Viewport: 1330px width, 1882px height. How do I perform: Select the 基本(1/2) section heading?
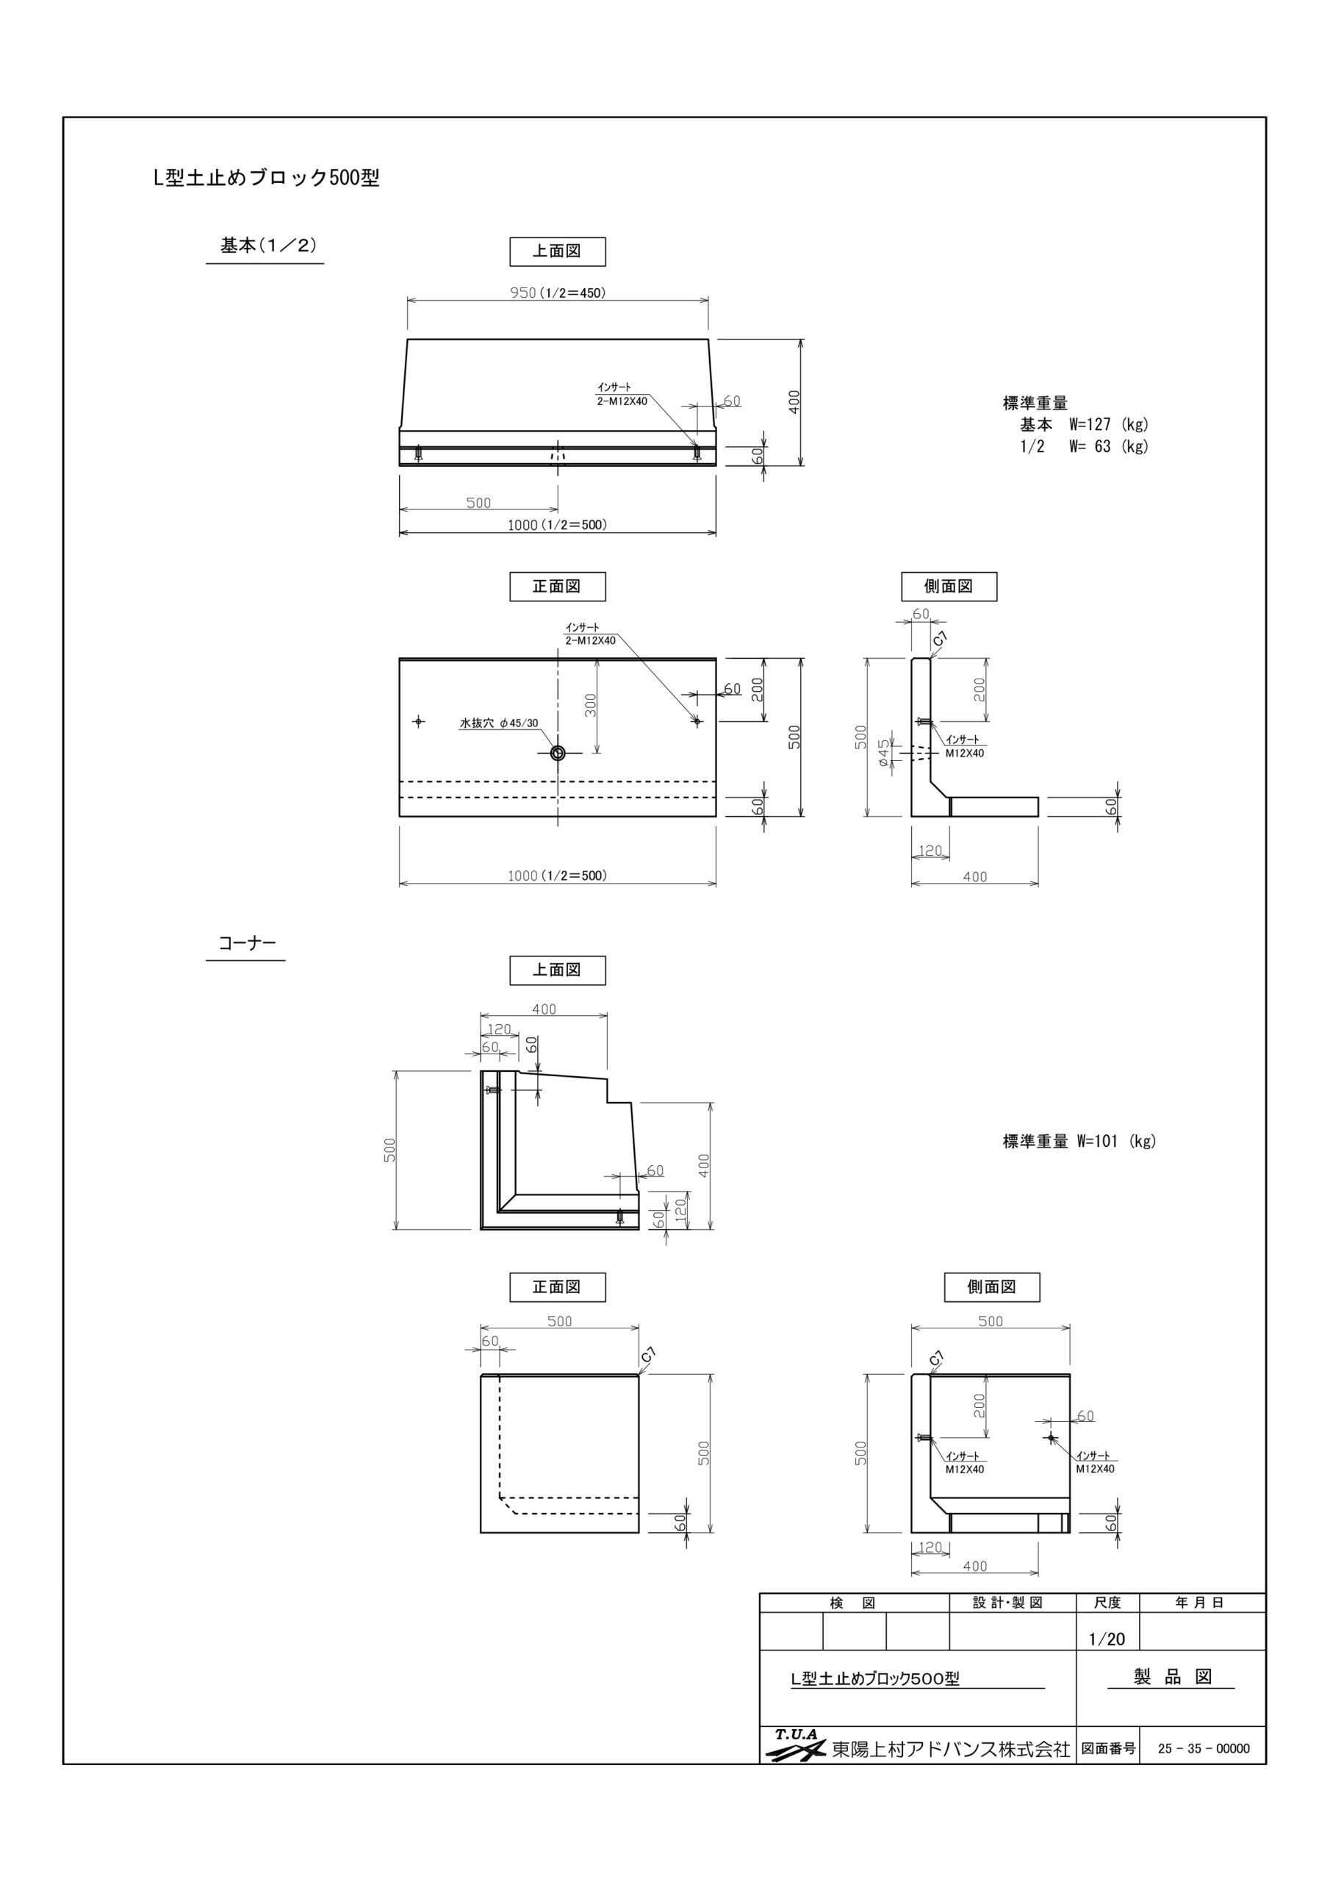pyautogui.click(x=268, y=245)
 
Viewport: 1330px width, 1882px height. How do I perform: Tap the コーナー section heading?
pyautogui.click(x=247, y=942)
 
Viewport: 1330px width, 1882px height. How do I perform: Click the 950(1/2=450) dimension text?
pyautogui.click(x=558, y=293)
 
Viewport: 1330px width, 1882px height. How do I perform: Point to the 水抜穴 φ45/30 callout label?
pyautogui.click(x=499, y=723)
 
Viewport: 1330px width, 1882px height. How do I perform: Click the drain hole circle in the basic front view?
pyautogui.click(x=558, y=754)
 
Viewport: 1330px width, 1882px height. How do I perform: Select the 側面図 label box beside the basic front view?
pyautogui.click(x=949, y=586)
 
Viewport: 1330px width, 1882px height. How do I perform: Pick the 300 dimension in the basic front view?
pyautogui.click(x=592, y=705)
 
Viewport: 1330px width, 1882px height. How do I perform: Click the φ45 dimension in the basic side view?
pyautogui.click(x=883, y=754)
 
